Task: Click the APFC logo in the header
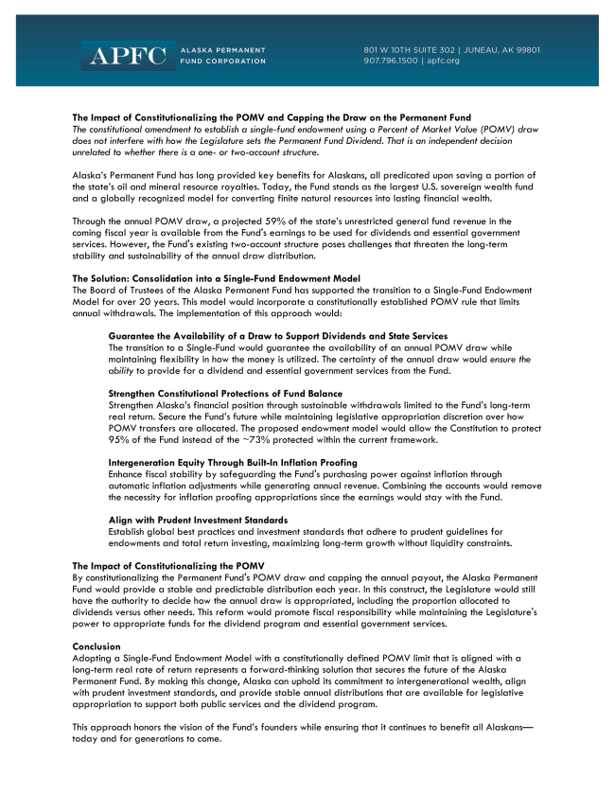[x=127, y=55]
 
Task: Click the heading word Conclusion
[x=97, y=646]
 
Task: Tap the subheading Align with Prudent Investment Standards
[x=199, y=521]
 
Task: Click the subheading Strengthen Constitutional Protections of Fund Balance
[x=225, y=393]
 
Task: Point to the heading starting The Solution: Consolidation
[x=216, y=277]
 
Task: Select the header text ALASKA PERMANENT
[x=223, y=49]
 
